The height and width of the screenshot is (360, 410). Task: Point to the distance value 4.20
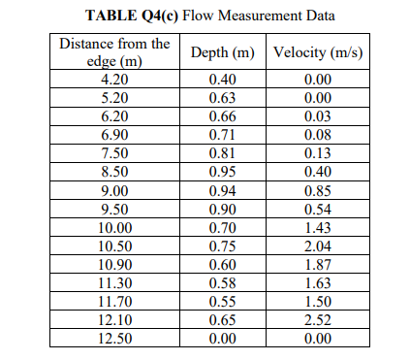pos(114,80)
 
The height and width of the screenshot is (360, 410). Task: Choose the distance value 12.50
pos(114,339)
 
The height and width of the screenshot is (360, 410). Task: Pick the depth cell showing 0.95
pos(222,172)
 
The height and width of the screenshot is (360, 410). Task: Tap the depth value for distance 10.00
pos(222,228)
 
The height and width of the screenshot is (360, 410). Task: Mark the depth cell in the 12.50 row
pos(222,339)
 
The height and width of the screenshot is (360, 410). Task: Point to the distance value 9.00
pos(114,190)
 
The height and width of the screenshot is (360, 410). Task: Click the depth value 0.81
pos(222,153)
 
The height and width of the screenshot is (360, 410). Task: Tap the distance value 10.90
pos(114,265)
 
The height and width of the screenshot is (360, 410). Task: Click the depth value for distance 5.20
pos(222,98)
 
